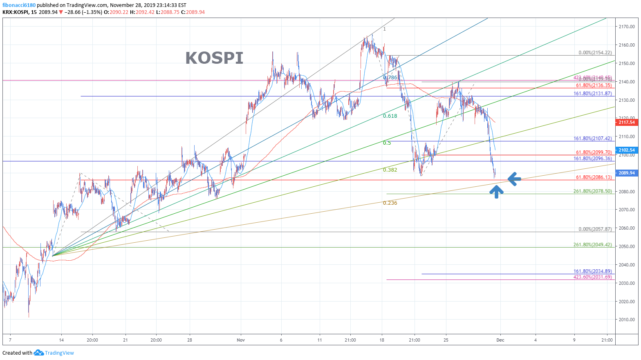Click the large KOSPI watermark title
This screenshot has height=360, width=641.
214,58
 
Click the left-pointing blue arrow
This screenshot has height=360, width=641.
514,179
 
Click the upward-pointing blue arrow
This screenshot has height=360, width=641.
496,191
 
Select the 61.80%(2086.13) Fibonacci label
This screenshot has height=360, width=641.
594,177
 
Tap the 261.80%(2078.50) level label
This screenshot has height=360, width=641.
592,191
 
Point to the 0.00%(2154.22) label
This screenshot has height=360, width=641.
595,53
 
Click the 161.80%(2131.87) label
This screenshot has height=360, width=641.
592,94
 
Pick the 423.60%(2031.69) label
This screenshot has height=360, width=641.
592,277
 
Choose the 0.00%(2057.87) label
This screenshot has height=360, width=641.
595,229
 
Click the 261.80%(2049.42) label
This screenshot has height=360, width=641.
592,245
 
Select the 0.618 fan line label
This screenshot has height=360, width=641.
390,116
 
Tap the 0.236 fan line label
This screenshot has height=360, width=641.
390,203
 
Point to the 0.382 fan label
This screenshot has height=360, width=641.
390,170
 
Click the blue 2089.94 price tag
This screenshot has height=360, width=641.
626,173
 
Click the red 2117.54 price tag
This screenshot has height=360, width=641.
626,122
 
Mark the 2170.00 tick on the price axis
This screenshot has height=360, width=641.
626,27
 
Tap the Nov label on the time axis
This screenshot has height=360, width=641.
241,340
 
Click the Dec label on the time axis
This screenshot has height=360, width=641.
500,340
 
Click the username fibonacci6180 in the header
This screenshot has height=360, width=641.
19,5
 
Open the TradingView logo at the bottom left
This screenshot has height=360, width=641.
54,353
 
